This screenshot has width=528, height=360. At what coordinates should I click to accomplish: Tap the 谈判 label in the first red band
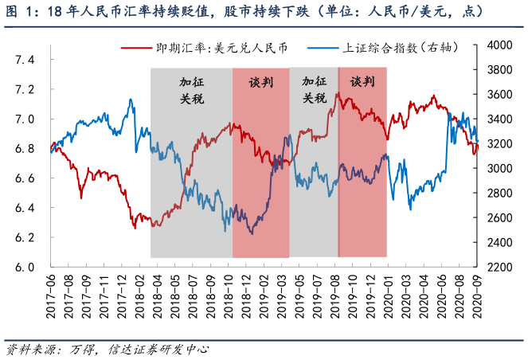pos(260,81)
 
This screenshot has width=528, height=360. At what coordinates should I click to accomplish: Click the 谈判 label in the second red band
pos(362,81)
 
